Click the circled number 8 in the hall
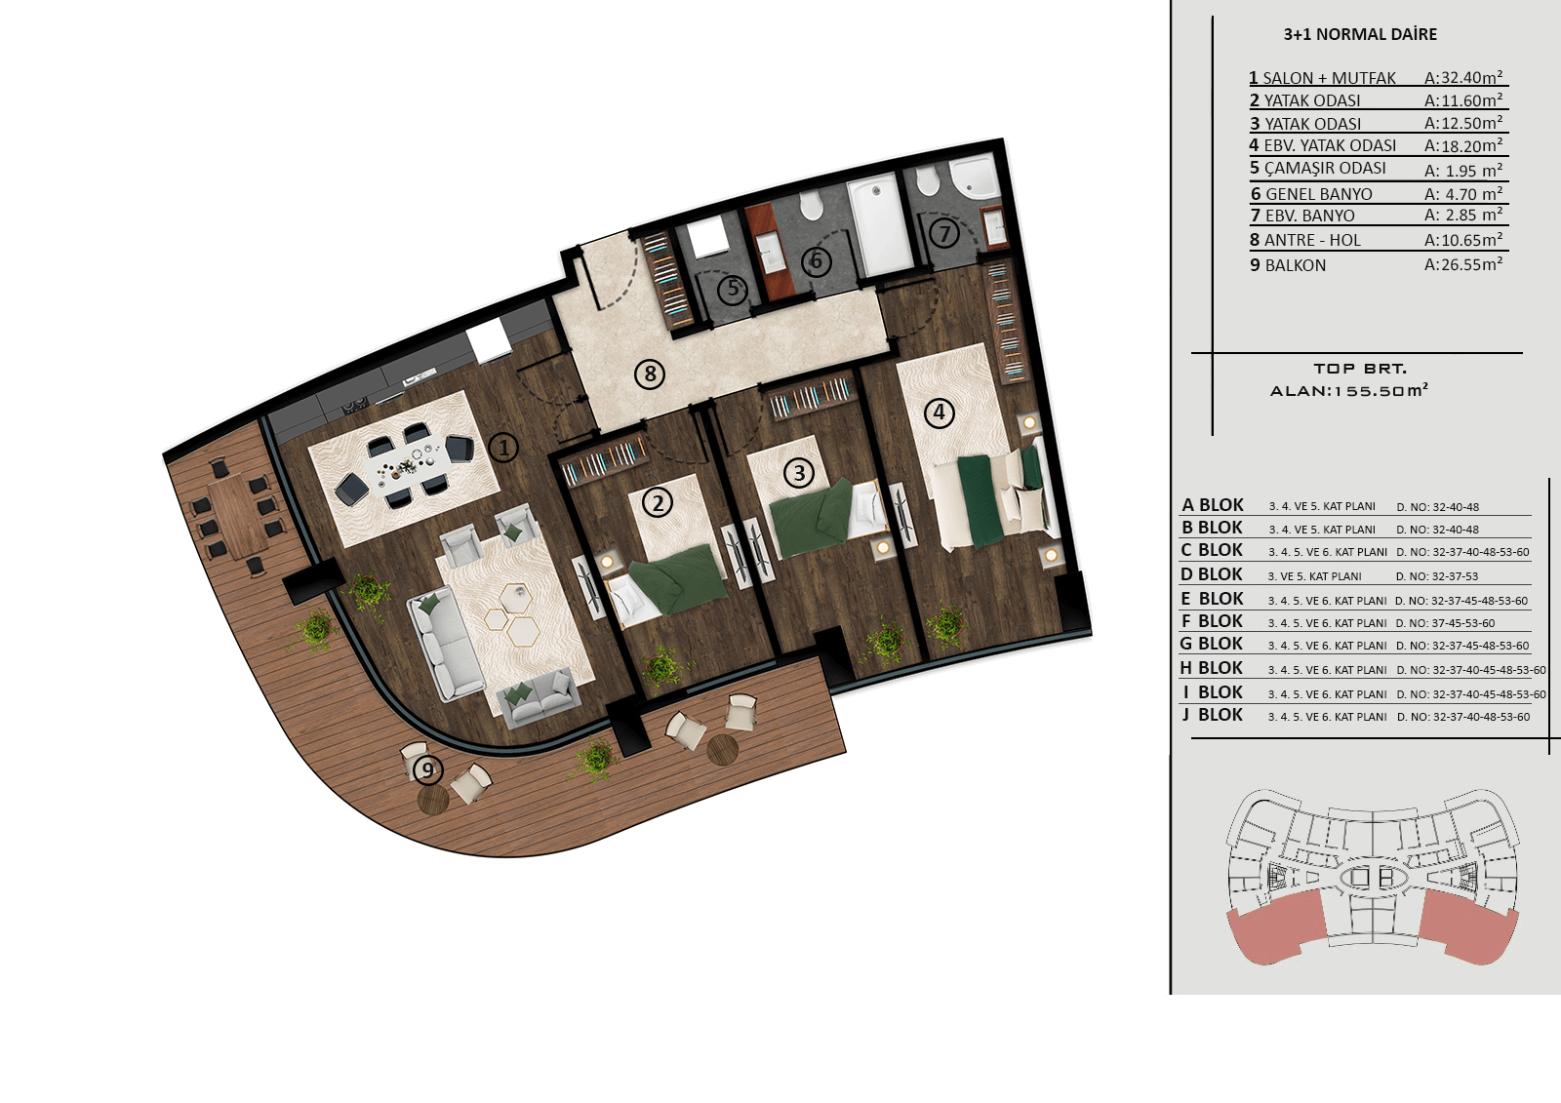[650, 374]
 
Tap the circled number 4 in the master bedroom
[939, 413]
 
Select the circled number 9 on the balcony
[427, 769]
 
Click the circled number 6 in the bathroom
[816, 261]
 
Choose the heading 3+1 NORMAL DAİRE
[1360, 34]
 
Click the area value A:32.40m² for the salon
[1462, 77]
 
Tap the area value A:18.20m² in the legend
[1462, 145]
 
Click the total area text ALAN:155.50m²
[1349, 390]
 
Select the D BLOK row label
[1211, 574]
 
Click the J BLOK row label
[1212, 715]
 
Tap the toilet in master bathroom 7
[928, 179]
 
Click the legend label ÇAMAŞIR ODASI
[1325, 168]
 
